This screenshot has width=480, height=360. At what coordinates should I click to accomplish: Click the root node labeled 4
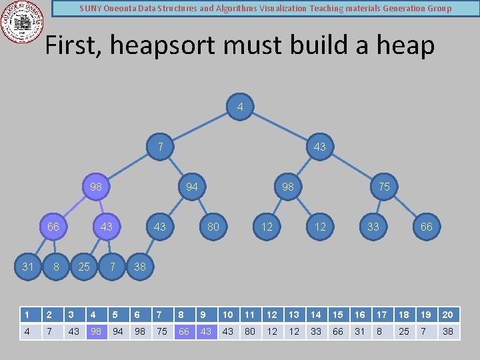(x=240, y=107)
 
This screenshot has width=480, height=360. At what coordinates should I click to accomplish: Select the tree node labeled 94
(x=192, y=187)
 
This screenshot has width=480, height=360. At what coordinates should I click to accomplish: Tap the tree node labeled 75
(x=384, y=187)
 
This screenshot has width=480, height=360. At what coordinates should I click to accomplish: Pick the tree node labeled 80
(x=213, y=227)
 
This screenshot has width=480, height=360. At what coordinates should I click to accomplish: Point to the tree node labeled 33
(x=373, y=227)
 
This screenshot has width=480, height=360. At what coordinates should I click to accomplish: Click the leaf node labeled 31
(x=27, y=267)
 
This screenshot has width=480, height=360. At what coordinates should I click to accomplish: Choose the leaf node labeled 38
(x=139, y=267)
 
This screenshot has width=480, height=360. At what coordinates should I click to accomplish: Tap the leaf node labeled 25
(x=84, y=267)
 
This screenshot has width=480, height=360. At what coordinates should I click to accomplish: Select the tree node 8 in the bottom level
(x=56, y=267)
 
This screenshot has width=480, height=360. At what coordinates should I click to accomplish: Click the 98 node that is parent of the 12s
(x=287, y=187)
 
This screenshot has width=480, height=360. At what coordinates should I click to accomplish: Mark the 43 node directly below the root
(x=320, y=147)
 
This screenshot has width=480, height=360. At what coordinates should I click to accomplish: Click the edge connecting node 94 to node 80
(x=203, y=207)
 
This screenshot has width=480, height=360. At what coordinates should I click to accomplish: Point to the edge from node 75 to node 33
(x=379, y=207)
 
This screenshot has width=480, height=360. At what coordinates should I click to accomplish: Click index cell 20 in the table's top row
(x=448, y=315)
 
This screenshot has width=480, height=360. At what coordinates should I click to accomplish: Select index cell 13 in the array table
(x=293, y=315)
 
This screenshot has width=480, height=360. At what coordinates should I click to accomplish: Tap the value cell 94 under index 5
(x=118, y=331)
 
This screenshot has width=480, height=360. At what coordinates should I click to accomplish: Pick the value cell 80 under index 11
(x=250, y=331)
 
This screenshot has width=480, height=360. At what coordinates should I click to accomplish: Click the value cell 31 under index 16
(x=360, y=331)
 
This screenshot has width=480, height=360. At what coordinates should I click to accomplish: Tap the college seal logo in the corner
(x=23, y=22)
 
